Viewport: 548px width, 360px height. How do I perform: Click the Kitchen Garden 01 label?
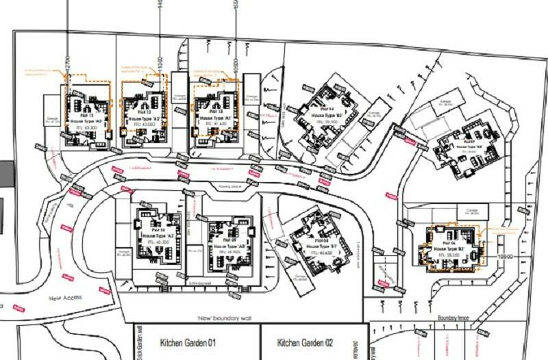(188, 342)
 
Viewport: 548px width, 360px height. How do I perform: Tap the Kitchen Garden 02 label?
(306, 342)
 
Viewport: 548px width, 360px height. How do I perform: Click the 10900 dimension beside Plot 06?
(505, 255)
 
